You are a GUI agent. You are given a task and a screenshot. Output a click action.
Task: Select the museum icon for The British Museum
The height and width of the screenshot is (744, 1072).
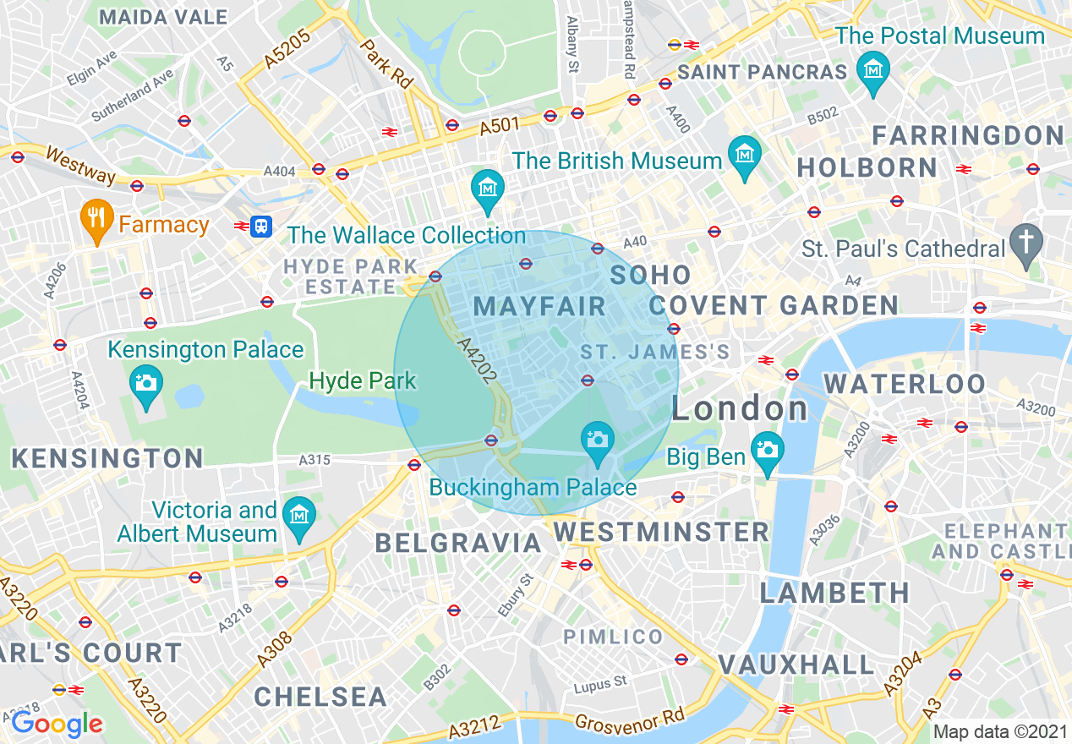[x=745, y=156]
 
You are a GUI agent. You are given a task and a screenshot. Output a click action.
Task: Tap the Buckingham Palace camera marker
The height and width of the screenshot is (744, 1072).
[x=598, y=440]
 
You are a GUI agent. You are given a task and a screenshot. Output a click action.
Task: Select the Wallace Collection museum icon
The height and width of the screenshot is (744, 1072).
[x=488, y=188]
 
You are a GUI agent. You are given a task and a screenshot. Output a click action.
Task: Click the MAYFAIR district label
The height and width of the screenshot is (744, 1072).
[x=540, y=306]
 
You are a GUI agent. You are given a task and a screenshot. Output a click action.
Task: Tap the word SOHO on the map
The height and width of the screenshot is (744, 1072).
[x=651, y=275]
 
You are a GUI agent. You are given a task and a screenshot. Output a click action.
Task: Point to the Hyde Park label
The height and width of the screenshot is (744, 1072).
[x=363, y=380]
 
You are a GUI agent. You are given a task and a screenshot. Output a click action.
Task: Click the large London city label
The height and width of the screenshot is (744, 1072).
[x=741, y=410]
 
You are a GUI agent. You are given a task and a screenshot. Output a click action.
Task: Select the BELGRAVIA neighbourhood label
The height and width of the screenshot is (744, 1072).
[x=457, y=543]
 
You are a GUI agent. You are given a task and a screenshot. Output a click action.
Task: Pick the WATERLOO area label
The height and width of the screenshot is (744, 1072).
[x=905, y=384]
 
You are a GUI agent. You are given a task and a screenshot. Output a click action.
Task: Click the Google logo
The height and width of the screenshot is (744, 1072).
[x=57, y=724]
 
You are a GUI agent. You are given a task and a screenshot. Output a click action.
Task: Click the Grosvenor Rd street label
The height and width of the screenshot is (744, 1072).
[x=629, y=719]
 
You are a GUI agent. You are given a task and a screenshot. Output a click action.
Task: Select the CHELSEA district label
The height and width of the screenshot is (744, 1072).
[x=320, y=697]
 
